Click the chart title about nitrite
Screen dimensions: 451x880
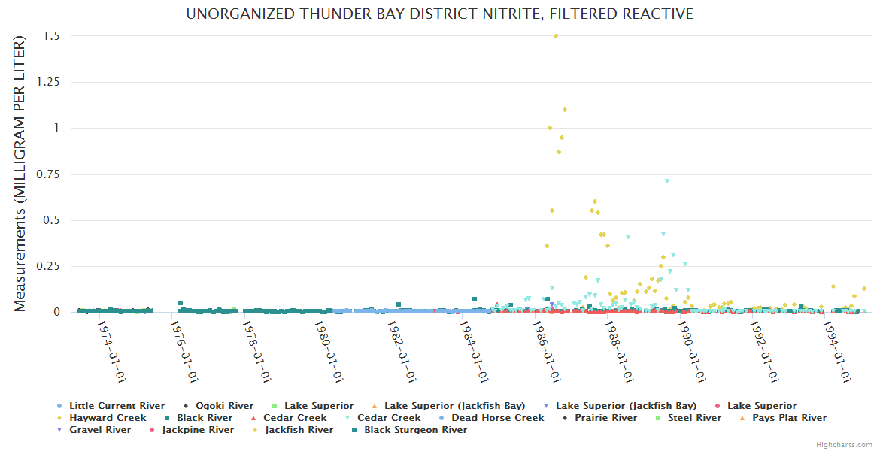coord(440,14)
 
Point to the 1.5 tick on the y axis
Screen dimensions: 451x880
coord(52,36)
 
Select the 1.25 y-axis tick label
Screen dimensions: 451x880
coord(47,82)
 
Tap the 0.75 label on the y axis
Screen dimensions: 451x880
coord(47,174)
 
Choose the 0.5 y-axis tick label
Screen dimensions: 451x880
coord(52,220)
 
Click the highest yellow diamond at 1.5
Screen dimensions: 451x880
coord(556,36)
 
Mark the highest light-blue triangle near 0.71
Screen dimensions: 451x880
coord(666,181)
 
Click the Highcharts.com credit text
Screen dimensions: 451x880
coord(844,445)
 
